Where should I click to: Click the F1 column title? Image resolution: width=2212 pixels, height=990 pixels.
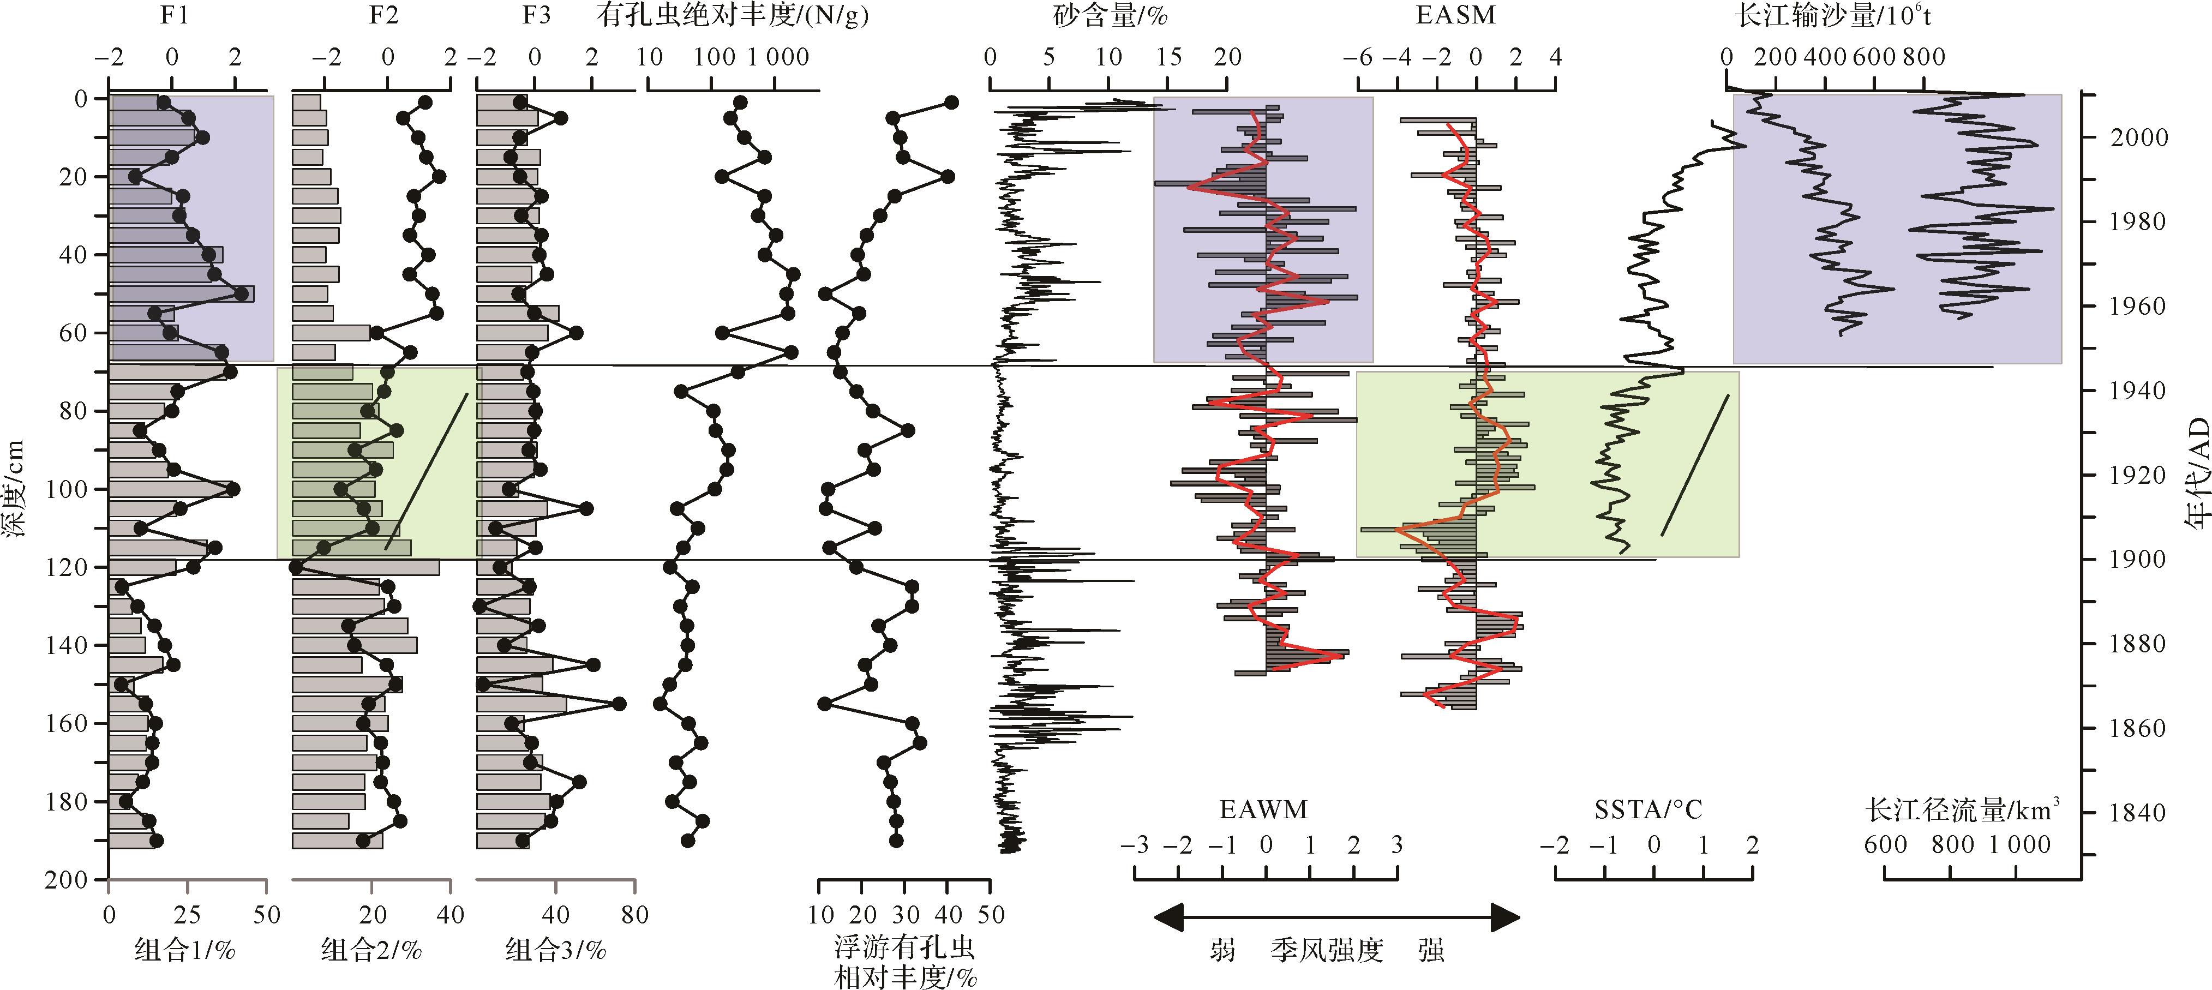pos(175,15)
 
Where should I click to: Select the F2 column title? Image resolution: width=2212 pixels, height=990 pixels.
pos(384,15)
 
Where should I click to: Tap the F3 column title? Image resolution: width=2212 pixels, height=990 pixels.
pos(536,15)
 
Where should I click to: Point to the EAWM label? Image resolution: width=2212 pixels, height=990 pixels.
pos(1263,809)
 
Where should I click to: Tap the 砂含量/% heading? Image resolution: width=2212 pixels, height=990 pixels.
pos(1110,15)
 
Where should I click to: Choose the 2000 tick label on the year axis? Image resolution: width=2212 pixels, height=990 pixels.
pos(2138,137)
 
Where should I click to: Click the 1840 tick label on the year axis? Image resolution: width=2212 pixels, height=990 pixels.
pos(2138,812)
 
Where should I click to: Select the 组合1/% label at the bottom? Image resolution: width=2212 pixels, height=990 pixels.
pos(184,950)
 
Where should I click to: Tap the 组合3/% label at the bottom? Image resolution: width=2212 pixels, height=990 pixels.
pos(555,950)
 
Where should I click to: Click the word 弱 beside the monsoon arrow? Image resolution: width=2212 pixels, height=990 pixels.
pos(1223,950)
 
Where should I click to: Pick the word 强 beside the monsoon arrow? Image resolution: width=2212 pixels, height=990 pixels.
pos(1431,950)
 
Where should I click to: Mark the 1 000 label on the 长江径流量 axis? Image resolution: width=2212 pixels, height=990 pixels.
pos(2019,845)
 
